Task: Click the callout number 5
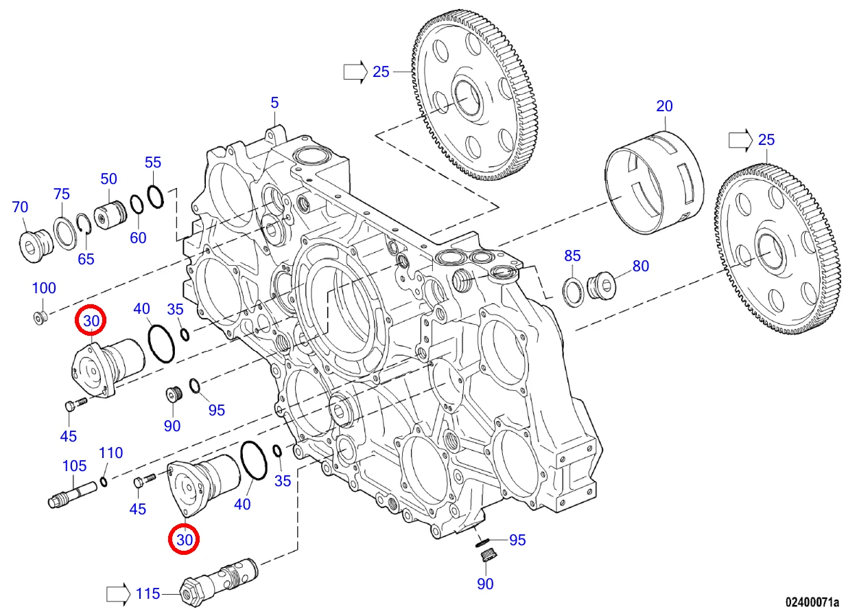point(274,103)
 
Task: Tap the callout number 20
point(664,106)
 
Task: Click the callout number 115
point(148,593)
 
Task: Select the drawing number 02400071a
point(812,603)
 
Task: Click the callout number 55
point(152,163)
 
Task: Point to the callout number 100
point(45,288)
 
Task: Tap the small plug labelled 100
point(40,317)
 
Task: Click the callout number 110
point(111,453)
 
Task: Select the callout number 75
point(62,194)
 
